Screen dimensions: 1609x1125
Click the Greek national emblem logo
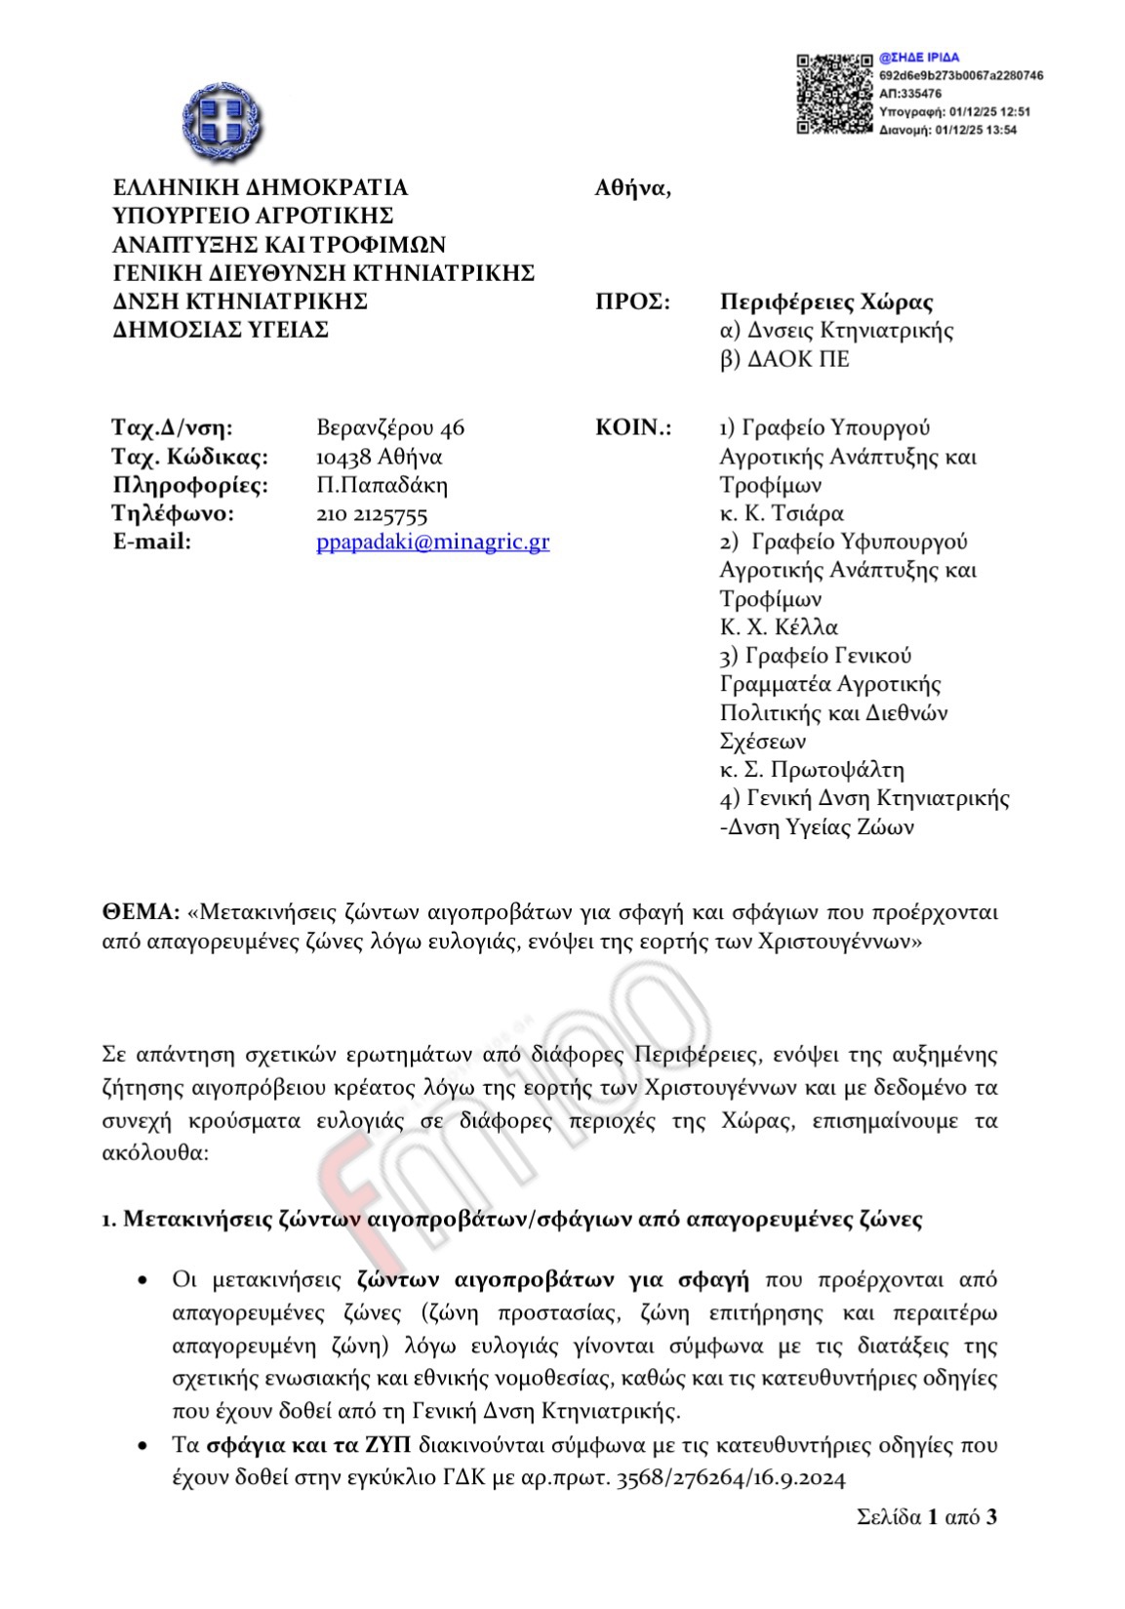[x=221, y=119]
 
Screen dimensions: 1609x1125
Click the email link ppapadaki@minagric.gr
[x=432, y=543]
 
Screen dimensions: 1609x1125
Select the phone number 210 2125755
[x=372, y=514]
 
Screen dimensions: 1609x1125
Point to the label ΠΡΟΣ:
[x=632, y=302]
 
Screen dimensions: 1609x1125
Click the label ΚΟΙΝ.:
[x=633, y=427]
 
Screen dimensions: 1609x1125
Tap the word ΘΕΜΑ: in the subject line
[x=141, y=912]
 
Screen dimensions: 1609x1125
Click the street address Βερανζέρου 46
[x=390, y=427]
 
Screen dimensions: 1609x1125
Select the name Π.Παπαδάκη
[x=382, y=485]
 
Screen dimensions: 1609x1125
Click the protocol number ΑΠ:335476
[x=910, y=94]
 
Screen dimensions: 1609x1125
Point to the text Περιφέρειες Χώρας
[x=826, y=302]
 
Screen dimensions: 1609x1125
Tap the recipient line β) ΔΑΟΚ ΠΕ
[x=784, y=359]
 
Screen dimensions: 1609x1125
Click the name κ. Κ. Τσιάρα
[x=782, y=513]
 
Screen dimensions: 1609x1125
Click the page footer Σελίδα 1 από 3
[x=927, y=1517]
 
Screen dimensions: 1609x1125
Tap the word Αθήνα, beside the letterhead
[x=632, y=188]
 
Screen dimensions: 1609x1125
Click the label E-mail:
[x=153, y=543]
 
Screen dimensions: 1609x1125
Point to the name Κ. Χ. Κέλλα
[x=779, y=627]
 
